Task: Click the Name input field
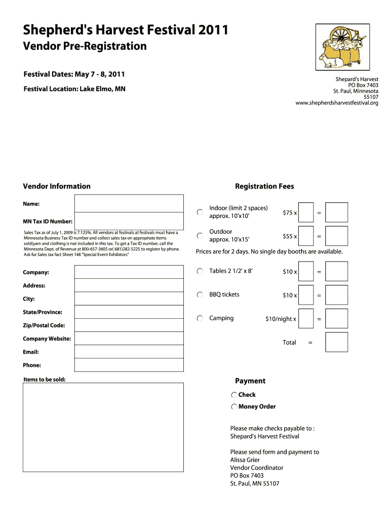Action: [129, 203]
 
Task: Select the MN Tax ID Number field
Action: [129, 221]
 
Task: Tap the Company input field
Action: [129, 272]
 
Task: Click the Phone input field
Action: [129, 365]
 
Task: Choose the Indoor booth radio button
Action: [200, 212]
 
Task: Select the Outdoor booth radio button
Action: [200, 236]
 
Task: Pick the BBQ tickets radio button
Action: [200, 295]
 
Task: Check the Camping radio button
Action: [200, 318]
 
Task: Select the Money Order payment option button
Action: [234, 406]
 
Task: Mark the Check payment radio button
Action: [234, 395]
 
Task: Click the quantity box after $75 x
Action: [306, 212]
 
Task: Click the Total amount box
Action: [336, 342]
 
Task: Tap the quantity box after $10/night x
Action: [306, 318]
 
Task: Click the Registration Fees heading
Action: [264, 187]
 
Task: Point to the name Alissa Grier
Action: [245, 460]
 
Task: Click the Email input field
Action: [129, 352]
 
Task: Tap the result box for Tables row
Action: [336, 271]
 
